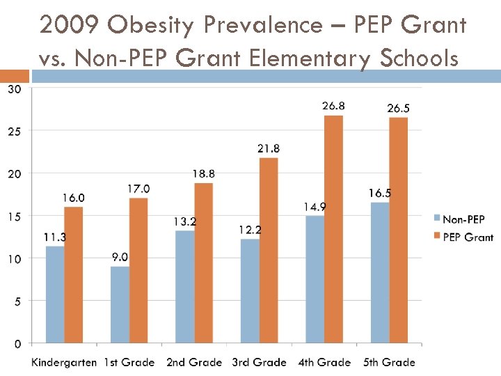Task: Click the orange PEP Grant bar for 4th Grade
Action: click(x=334, y=229)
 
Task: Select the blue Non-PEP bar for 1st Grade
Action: click(x=120, y=304)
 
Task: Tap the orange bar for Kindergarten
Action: click(x=74, y=275)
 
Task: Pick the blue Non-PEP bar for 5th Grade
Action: click(x=380, y=272)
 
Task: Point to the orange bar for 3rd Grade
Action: click(x=269, y=250)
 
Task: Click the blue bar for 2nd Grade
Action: click(x=184, y=286)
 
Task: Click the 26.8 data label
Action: click(x=333, y=106)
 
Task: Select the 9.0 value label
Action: click(x=120, y=257)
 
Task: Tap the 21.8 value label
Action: click(x=269, y=148)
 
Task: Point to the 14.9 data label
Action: click(x=315, y=206)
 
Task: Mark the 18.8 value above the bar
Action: click(x=203, y=173)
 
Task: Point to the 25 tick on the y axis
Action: click(x=14, y=131)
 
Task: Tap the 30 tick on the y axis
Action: click(x=14, y=88)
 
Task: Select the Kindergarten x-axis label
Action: click(x=64, y=362)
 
